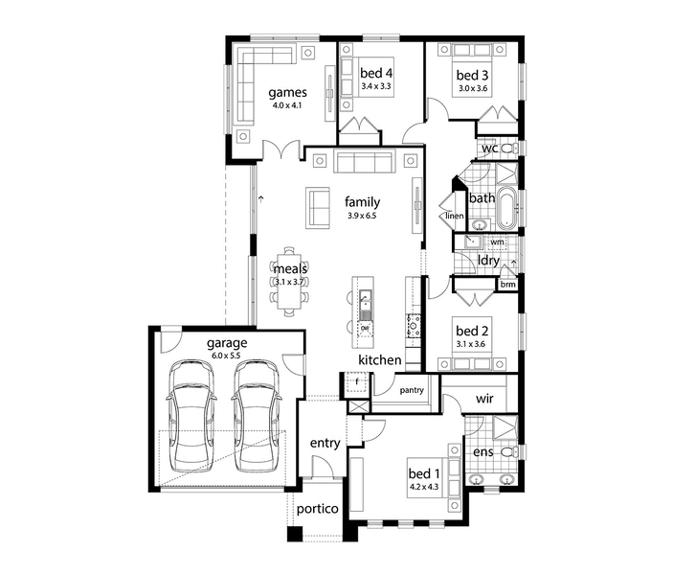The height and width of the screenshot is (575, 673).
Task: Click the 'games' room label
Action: [x=287, y=93]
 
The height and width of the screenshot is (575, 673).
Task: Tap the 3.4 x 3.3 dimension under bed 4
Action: [x=376, y=86]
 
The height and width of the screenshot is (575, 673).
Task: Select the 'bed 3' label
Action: [x=472, y=75]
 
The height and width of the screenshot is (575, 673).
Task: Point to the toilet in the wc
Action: [x=509, y=149]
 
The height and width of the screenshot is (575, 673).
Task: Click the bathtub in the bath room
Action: [x=507, y=208]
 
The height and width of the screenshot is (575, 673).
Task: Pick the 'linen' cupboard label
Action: [x=455, y=216]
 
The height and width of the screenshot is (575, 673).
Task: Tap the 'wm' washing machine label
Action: [x=497, y=241]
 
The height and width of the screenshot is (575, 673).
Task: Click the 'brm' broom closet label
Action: [x=508, y=284]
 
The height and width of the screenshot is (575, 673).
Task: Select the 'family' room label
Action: [x=362, y=202]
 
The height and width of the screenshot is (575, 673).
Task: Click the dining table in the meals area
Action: [x=290, y=281]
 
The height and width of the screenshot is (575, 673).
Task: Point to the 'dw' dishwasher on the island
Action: [x=365, y=329]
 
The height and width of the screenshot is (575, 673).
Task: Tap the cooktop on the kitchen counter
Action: [x=414, y=325]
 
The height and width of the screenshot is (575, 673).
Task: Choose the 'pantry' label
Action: [x=412, y=390]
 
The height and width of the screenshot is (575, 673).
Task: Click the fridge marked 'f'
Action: [x=357, y=382]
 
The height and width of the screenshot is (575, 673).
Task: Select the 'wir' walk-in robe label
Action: [x=484, y=399]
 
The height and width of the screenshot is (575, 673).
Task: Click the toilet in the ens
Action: [x=509, y=452]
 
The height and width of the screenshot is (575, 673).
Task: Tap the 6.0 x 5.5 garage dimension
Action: [x=226, y=356]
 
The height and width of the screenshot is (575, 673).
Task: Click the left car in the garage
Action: [x=191, y=416]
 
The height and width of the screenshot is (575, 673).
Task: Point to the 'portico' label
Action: [x=318, y=509]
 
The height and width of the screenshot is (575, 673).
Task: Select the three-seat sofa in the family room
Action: [x=365, y=162]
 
